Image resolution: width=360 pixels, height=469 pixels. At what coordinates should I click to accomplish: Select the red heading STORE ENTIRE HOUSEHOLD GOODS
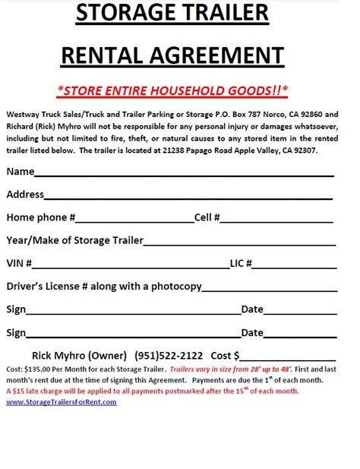point(172,90)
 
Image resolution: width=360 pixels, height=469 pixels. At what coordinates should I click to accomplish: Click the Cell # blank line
point(276,220)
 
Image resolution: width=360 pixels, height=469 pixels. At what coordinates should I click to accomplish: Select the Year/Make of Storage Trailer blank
point(239,244)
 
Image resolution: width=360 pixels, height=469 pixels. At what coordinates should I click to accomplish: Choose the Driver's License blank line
point(269,290)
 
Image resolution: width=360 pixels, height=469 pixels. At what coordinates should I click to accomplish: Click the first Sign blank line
point(134,312)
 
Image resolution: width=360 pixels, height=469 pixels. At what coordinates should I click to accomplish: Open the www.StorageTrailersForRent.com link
point(62,401)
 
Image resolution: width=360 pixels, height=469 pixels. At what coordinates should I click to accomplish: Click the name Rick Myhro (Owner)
point(79,355)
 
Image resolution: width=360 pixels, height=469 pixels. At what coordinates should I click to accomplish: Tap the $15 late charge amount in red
point(18,391)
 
